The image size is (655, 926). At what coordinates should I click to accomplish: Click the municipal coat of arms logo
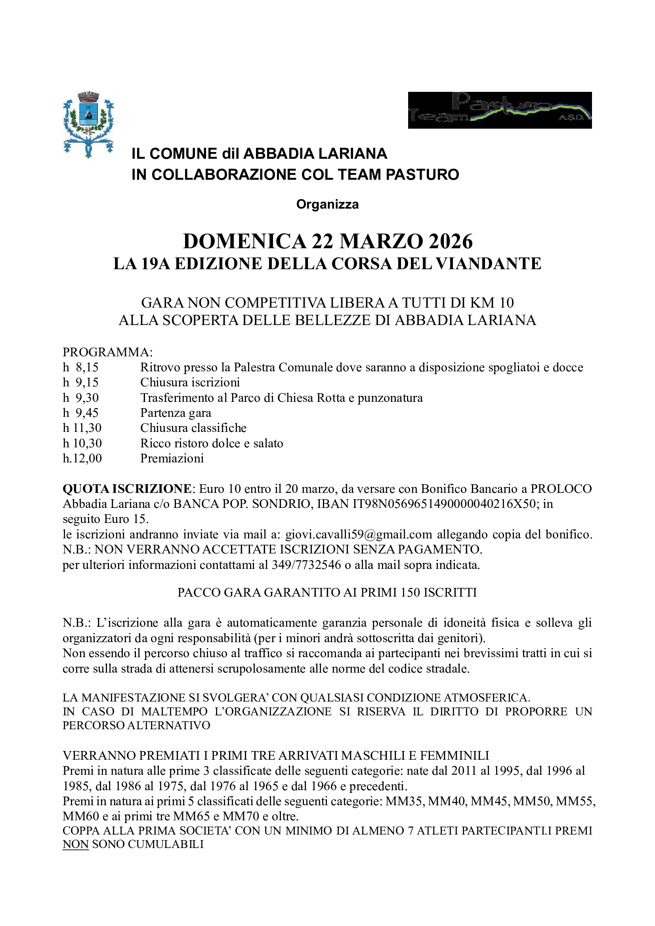(x=88, y=124)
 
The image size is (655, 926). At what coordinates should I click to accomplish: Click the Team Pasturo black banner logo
(x=499, y=110)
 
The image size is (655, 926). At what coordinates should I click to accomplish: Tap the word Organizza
(x=327, y=204)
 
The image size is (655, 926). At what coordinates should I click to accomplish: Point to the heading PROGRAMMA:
(x=108, y=352)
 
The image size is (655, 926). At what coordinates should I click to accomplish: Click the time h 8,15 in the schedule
(x=81, y=367)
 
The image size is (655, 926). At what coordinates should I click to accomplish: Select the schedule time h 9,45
(x=81, y=413)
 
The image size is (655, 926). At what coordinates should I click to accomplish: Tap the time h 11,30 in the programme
(x=82, y=428)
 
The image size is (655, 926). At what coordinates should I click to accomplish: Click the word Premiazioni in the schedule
(x=172, y=458)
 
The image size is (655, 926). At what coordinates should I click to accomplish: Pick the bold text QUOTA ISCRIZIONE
(x=127, y=489)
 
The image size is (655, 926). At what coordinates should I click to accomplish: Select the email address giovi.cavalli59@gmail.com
(x=359, y=535)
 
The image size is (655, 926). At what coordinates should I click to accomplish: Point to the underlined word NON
(x=75, y=844)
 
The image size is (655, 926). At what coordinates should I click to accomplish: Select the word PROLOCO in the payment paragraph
(x=561, y=489)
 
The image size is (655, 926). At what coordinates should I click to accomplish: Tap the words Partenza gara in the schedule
(x=176, y=413)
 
